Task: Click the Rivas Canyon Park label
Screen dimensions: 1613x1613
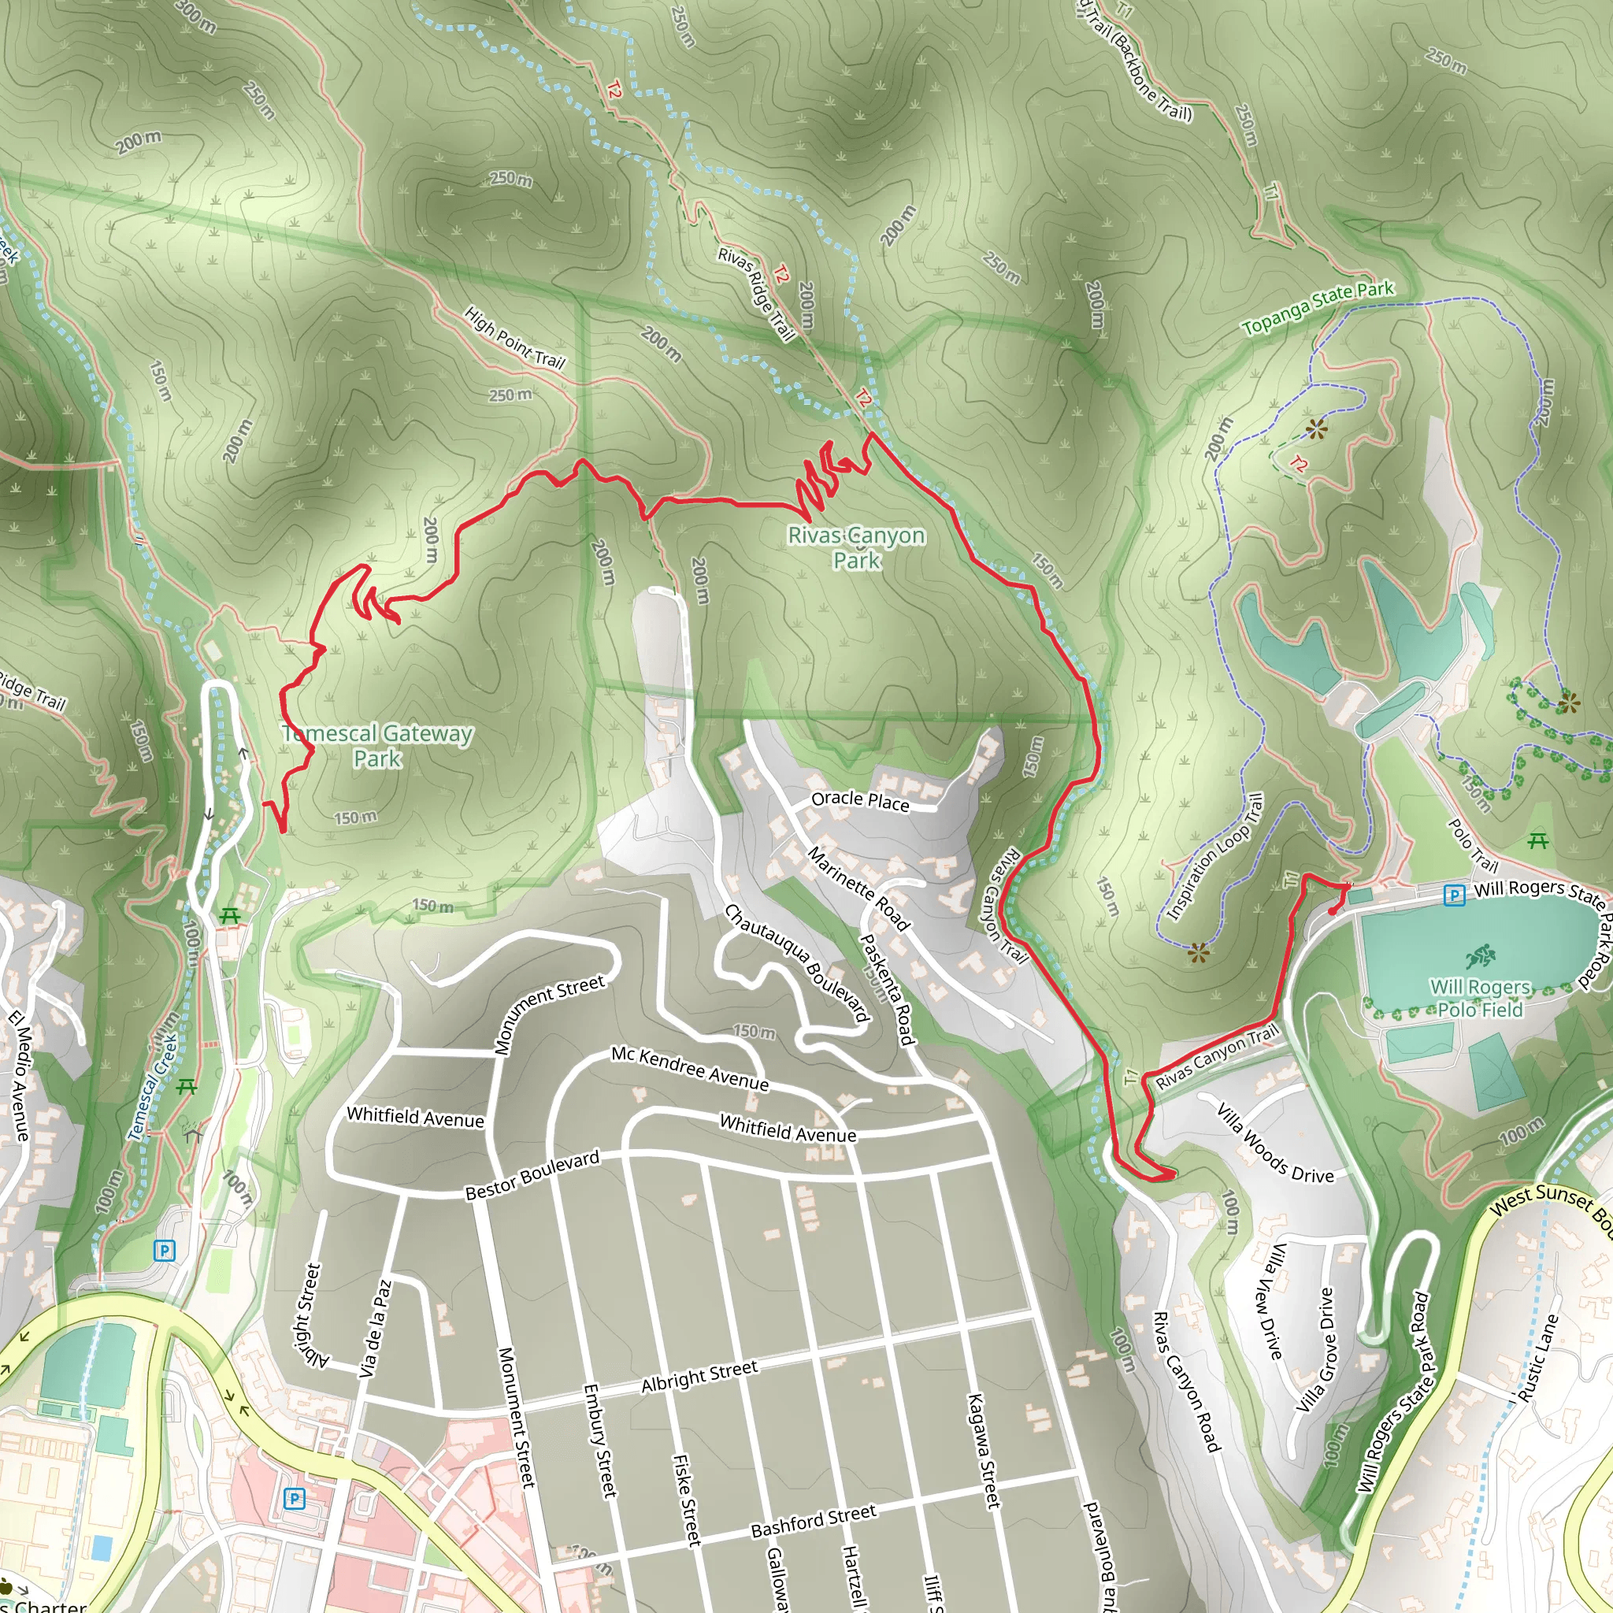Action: coord(856,547)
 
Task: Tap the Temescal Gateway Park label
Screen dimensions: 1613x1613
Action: coord(377,746)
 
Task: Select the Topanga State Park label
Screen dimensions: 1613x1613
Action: coord(1318,308)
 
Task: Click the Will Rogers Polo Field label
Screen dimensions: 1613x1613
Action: coord(1479,999)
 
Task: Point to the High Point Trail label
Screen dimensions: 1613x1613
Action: coord(514,338)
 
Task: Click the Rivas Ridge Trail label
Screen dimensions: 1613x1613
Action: coord(756,294)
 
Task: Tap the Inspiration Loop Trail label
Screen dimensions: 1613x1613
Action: coord(1214,857)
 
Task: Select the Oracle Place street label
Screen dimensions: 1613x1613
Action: coord(860,801)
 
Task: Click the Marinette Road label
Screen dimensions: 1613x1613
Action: coord(858,888)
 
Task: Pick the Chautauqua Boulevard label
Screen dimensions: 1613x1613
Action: coord(796,963)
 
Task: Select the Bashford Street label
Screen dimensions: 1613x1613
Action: coord(814,1520)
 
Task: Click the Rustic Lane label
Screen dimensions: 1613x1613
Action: coord(1539,1358)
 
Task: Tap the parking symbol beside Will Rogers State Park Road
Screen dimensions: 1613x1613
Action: coord(1455,895)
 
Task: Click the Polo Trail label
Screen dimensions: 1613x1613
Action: coord(1473,844)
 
